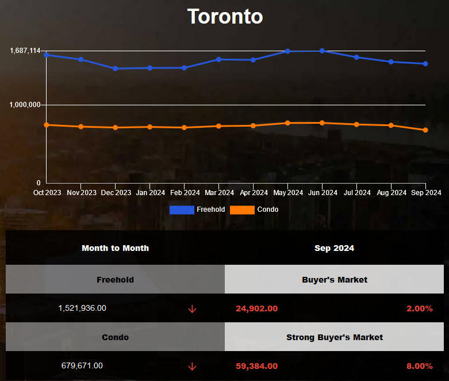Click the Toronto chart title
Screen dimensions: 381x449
pyautogui.click(x=225, y=16)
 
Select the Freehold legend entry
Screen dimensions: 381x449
pyautogui.click(x=197, y=209)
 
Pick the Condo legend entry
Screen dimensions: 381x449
pyautogui.click(x=254, y=209)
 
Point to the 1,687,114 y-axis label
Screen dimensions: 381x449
pyautogui.click(x=25, y=51)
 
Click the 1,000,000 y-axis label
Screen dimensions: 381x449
pyautogui.click(x=25, y=105)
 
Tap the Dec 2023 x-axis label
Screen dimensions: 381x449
pyautogui.click(x=116, y=193)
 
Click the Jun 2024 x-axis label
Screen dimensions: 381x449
pyautogui.click(x=323, y=193)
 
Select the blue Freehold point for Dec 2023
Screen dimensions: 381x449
pyautogui.click(x=116, y=68)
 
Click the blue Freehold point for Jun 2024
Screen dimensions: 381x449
pyautogui.click(x=323, y=51)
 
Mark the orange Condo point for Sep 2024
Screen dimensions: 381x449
pyautogui.click(x=425, y=130)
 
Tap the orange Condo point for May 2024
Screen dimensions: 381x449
pyautogui.click(x=288, y=123)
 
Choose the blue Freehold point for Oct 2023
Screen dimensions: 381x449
pyautogui.click(x=47, y=55)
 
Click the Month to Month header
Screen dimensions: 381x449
pyautogui.click(x=115, y=248)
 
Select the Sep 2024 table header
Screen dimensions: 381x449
pyautogui.click(x=334, y=248)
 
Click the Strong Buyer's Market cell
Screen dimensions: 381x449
pyautogui.click(x=334, y=337)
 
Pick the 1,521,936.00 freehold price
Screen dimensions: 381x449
pyautogui.click(x=82, y=308)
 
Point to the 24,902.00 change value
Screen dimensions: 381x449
pyautogui.click(x=256, y=308)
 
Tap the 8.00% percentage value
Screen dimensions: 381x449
pyautogui.click(x=419, y=366)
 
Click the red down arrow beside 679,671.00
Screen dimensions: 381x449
pyautogui.click(x=192, y=366)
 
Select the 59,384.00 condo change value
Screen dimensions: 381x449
pyautogui.click(x=256, y=366)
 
